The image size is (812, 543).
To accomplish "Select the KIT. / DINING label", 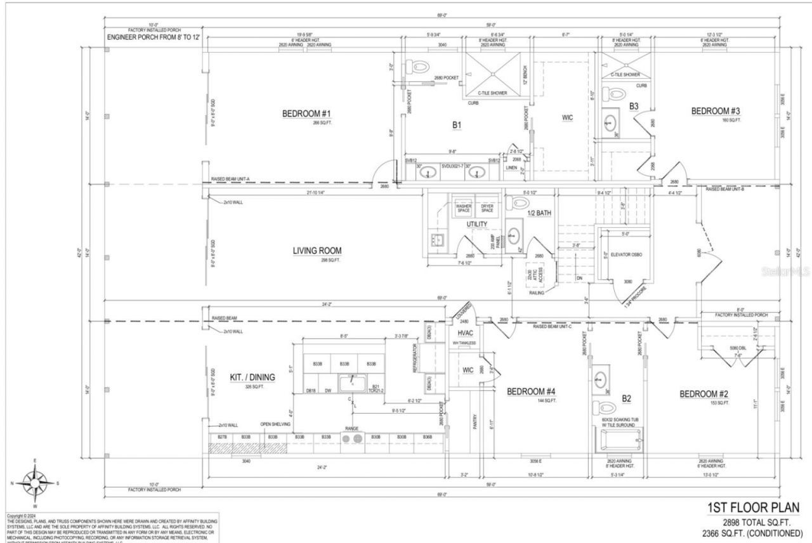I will tap(252, 377).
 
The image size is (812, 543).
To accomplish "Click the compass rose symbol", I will tap(35, 482).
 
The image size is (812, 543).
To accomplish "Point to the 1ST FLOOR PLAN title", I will tap(753, 508).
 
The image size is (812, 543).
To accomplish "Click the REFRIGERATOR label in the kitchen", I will tap(416, 358).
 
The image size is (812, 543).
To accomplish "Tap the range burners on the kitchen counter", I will tap(352, 438).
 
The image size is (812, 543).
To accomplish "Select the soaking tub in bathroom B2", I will tap(619, 440).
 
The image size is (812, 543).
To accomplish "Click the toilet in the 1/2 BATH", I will tap(519, 202).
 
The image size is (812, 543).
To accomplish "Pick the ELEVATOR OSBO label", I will tap(627, 255).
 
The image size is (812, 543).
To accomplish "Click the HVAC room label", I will tap(466, 333).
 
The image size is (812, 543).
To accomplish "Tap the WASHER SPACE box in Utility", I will tap(464, 207).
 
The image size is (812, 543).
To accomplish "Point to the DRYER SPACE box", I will tap(487, 207).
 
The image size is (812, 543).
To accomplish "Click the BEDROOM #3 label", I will tap(716, 111).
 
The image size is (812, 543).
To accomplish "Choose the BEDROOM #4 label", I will tap(532, 391).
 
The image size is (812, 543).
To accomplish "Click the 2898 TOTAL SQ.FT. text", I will tap(758, 522).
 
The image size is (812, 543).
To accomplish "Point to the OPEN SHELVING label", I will tap(275, 424).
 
